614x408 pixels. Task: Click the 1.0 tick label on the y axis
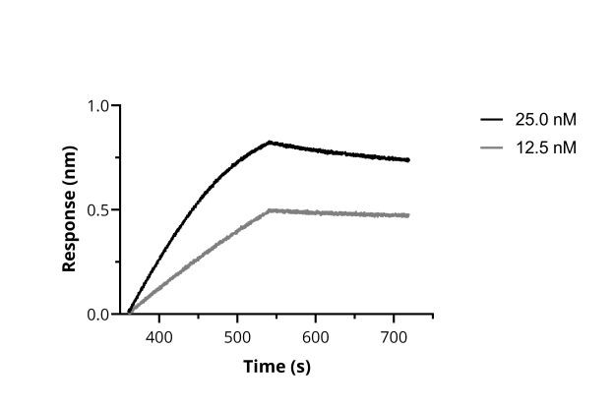coord(98,105)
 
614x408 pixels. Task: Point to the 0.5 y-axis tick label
coord(98,210)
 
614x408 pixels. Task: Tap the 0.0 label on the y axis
coord(98,315)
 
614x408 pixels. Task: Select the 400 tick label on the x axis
coord(159,336)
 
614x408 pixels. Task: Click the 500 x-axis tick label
coord(237,336)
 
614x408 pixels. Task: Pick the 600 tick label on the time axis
coord(315,336)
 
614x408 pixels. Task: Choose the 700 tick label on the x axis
coord(393,336)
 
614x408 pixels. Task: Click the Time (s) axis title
coord(276,367)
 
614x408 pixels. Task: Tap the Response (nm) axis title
coord(70,209)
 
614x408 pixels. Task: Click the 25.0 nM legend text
coord(545,120)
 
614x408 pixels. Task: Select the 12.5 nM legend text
coord(545,147)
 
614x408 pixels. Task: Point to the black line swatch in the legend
coord(492,120)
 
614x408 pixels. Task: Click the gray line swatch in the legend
coord(492,147)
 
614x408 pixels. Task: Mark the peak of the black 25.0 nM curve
coord(270,142)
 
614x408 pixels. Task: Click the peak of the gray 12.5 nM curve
coord(270,209)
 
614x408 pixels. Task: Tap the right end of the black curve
coord(408,160)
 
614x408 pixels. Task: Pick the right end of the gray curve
coord(408,215)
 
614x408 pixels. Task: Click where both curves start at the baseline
coord(129,313)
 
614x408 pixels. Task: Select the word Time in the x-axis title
coord(264,367)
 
